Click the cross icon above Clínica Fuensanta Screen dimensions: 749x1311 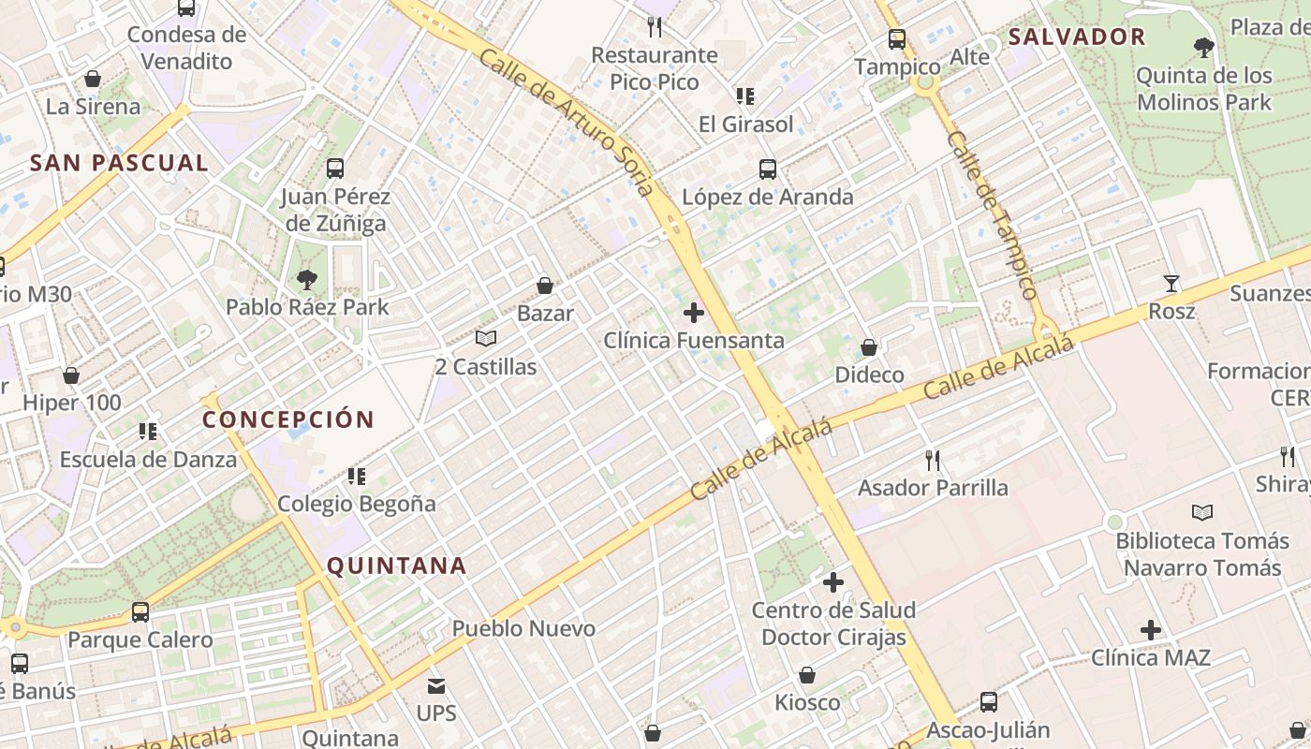click(x=694, y=312)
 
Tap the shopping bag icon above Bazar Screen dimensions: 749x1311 click(x=545, y=285)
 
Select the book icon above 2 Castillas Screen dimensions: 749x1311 click(x=485, y=338)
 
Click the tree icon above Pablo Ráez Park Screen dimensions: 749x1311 click(x=306, y=278)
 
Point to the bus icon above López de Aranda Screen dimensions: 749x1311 click(x=768, y=169)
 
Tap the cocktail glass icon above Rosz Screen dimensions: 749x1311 click(x=1171, y=283)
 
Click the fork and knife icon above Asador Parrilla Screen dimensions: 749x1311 click(x=933, y=460)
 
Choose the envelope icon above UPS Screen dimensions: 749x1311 click(x=436, y=686)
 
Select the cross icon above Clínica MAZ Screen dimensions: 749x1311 click(x=1151, y=630)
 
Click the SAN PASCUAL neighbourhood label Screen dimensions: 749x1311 click(x=119, y=163)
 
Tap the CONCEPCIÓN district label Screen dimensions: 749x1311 click(x=288, y=419)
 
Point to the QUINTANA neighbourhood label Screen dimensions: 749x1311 click(x=396, y=565)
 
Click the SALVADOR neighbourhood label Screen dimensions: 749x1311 click(x=1077, y=37)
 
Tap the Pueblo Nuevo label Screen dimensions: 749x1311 click(x=523, y=628)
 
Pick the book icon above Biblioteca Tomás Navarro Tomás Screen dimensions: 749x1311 click(x=1202, y=512)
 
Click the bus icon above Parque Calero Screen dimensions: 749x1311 click(x=140, y=612)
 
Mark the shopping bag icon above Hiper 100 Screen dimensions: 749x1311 click(x=71, y=375)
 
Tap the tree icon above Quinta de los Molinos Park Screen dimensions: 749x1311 click(x=1204, y=47)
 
